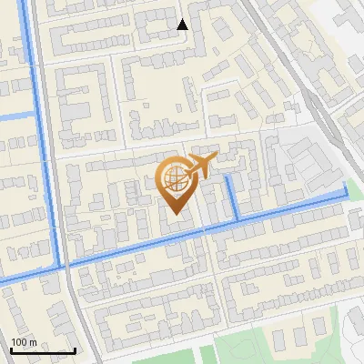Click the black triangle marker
183,25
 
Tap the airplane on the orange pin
200,166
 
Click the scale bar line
43,350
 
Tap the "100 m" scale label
25,341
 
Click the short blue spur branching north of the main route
233,196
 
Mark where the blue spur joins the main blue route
238,220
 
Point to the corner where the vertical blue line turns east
61,265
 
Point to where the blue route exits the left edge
3,280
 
